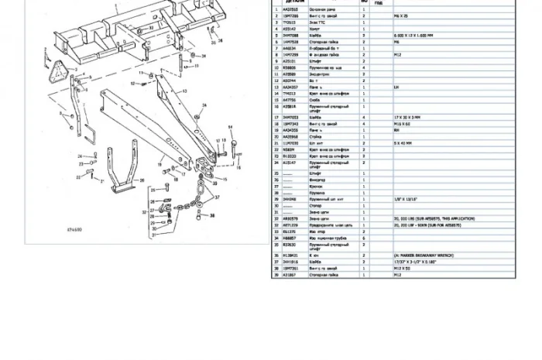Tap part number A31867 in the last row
pos(288,275)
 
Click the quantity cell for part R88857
pos(364,239)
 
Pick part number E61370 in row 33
pos(288,231)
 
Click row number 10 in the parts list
pos(276,67)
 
